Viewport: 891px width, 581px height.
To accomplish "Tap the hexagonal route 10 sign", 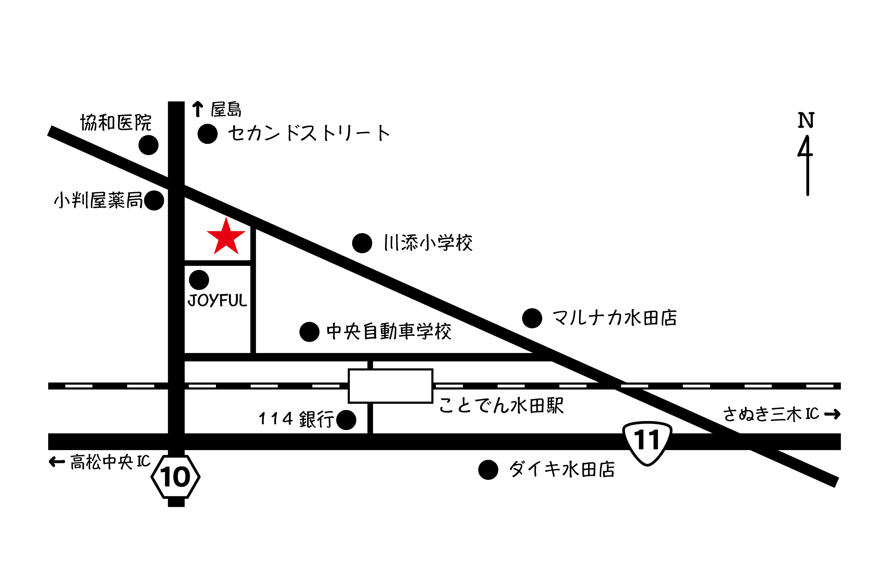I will pyautogui.click(x=175, y=477).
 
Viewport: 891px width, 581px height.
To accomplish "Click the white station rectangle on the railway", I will pyautogui.click(x=390, y=385).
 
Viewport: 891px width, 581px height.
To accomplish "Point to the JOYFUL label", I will pyautogui.click(x=217, y=302).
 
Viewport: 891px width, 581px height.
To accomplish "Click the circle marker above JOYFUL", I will pyautogui.click(x=199, y=280).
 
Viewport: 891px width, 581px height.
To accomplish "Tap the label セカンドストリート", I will pyautogui.click(x=309, y=133).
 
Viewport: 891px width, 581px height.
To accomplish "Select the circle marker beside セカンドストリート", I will pyautogui.click(x=208, y=134).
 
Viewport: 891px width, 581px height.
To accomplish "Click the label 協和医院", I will pyautogui.click(x=116, y=123).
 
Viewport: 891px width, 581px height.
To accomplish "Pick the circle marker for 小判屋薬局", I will pyautogui.click(x=154, y=201).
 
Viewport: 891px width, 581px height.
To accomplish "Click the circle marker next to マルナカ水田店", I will pyautogui.click(x=532, y=318).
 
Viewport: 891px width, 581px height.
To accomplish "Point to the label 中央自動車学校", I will pyautogui.click(x=389, y=331).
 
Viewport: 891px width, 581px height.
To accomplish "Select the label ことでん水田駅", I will pyautogui.click(x=501, y=406).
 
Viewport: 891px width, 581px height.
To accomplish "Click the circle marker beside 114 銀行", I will pyautogui.click(x=346, y=421).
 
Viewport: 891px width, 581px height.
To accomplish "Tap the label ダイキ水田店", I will pyautogui.click(x=561, y=469).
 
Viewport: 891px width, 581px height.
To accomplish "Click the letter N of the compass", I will pyautogui.click(x=806, y=121).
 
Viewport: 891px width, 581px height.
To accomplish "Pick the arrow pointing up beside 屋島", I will pyautogui.click(x=198, y=110).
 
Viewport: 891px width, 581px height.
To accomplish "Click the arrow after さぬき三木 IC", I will pyautogui.click(x=833, y=414).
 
